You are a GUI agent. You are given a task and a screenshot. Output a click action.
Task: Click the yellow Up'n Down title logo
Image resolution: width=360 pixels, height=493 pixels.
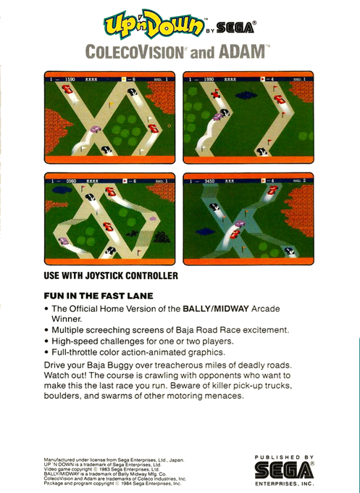[154, 24]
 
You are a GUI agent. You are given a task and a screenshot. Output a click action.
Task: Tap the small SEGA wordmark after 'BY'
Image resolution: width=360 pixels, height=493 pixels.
[235, 28]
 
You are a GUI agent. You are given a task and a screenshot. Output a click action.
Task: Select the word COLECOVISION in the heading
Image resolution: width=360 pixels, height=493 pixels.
[135, 51]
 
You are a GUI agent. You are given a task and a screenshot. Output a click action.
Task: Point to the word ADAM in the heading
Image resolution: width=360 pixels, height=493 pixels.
[242, 51]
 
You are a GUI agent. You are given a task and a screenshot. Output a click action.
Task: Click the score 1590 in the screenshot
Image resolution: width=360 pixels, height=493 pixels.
[70, 80]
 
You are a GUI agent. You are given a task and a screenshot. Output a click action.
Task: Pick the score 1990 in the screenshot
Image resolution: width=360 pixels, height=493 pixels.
[209, 80]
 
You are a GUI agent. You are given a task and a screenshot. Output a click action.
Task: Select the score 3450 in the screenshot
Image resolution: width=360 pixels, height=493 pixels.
[209, 181]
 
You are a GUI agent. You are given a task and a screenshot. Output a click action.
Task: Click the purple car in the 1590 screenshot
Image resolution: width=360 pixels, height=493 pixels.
[96, 129]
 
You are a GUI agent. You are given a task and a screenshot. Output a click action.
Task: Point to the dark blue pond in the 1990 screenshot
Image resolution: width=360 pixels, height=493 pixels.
[246, 95]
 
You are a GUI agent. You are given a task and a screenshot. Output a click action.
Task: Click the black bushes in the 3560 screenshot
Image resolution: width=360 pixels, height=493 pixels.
[162, 236]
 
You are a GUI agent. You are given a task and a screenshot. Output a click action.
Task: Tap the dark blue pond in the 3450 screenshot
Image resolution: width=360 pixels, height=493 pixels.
[205, 232]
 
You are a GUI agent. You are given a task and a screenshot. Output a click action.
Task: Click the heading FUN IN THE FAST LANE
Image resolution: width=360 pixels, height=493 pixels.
[99, 296]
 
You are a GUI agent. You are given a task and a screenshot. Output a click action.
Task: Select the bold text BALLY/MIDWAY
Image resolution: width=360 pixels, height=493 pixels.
[216, 309]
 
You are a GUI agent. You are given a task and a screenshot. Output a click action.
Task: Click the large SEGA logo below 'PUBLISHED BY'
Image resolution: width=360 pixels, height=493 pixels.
[284, 471]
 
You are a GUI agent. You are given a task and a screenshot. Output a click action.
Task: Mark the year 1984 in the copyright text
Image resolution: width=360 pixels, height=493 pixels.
[126, 484]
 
